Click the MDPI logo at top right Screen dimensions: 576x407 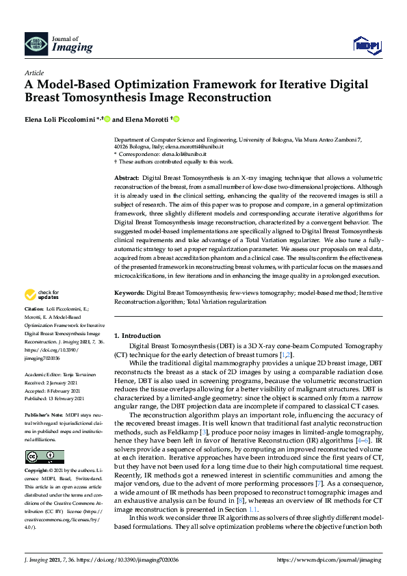(367, 45)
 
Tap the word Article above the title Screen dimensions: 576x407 (34, 73)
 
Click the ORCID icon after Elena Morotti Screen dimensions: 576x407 (176, 120)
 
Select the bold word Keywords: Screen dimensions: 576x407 (130, 293)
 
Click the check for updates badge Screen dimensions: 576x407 (41, 296)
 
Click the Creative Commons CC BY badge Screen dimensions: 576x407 (44, 457)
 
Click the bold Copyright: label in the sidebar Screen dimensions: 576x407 (38, 471)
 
